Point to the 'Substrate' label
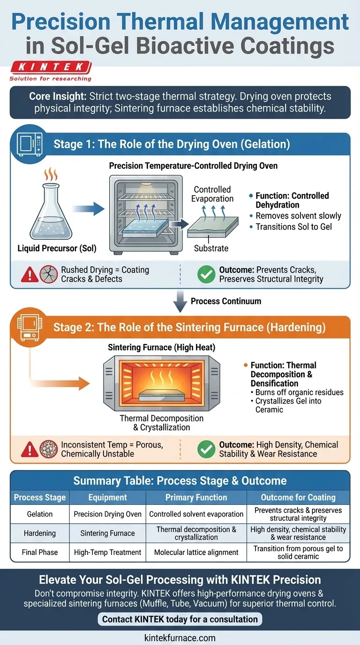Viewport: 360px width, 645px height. tap(211, 248)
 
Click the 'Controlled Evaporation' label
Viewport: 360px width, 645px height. tap(212, 194)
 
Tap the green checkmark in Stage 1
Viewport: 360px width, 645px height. tap(206, 275)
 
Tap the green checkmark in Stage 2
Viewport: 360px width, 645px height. tap(206, 449)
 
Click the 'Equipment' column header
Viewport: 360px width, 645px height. tap(108, 498)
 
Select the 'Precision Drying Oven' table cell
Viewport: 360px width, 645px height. tap(108, 514)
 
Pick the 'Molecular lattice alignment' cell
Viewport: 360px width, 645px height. tap(196, 553)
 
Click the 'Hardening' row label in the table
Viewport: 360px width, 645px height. tap(40, 533)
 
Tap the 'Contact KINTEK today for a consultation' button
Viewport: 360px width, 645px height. tap(180, 619)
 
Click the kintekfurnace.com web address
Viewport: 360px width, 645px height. tap(180, 637)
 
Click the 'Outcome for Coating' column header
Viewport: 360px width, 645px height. tap(298, 498)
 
